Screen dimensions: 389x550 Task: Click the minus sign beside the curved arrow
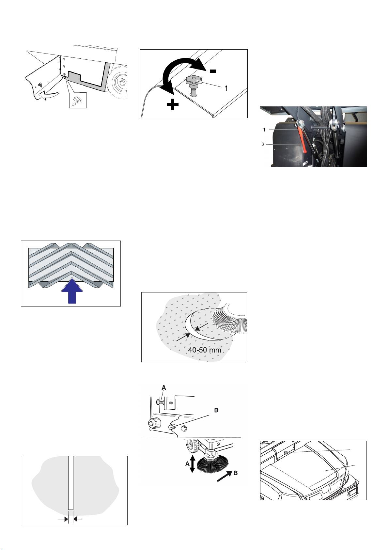(213, 71)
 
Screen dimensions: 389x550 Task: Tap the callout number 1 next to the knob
(226, 88)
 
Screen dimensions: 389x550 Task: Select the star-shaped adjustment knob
(194, 79)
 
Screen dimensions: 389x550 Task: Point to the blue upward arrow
(72, 291)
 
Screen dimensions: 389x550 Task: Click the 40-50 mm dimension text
(204, 350)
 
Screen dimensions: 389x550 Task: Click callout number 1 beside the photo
(264, 130)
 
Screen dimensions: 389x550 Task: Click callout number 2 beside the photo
(263, 144)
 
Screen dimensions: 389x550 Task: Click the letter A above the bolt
(164, 388)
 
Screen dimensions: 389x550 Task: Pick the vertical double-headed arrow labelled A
(193, 464)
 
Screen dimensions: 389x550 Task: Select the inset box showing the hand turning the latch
(78, 100)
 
